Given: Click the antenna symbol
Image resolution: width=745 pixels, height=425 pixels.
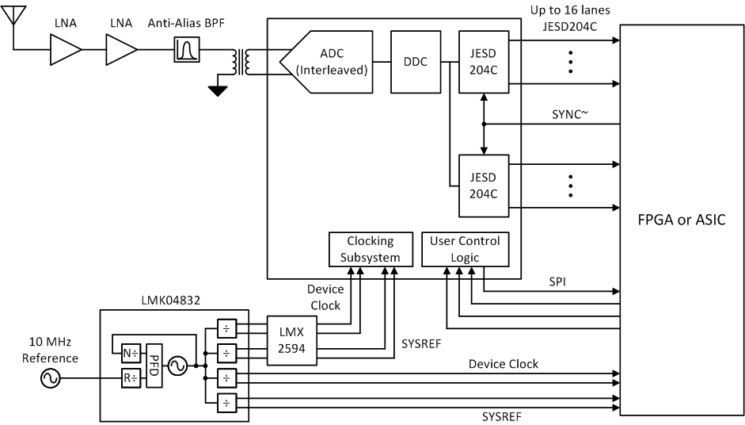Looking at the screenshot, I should point(17,16).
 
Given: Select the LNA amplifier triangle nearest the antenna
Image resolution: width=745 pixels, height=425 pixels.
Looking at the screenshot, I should point(66,52).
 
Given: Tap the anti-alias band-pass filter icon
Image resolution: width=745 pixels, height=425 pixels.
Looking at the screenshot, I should point(187,52).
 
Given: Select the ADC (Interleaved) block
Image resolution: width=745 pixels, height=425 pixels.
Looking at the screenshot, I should point(325,61).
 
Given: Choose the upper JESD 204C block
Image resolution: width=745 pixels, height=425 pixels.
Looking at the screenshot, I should point(484,61).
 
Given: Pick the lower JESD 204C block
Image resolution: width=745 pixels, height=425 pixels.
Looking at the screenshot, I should point(484,186).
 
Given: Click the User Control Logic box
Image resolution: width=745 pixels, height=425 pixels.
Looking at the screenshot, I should point(464,248).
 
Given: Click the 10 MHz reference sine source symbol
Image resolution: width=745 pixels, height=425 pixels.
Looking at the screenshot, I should point(50,379).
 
